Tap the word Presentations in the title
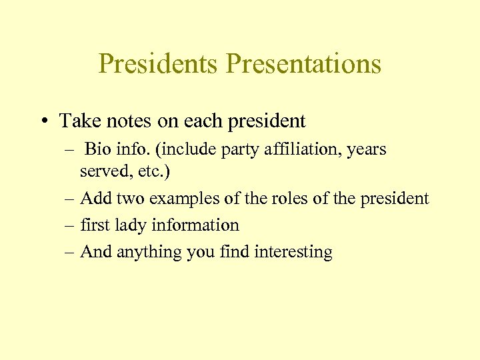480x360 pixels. [303, 64]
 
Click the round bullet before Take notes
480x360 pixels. [43, 121]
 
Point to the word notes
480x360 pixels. [123, 121]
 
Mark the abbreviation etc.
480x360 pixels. [152, 171]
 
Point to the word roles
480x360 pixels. [285, 198]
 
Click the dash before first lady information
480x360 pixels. [70, 225]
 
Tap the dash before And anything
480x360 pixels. [70, 252]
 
